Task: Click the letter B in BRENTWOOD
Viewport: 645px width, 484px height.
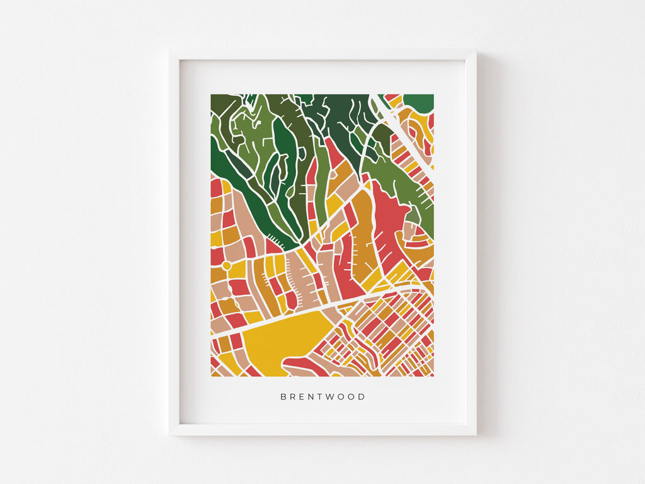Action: coord(283,397)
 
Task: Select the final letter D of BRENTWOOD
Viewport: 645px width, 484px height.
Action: coord(362,397)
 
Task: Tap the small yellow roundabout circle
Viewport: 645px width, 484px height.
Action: coord(226,266)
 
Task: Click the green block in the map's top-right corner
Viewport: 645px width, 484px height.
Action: coord(419,102)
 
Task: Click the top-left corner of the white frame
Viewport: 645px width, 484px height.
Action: coord(170,51)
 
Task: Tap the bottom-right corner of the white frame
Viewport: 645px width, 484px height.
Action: coord(476,435)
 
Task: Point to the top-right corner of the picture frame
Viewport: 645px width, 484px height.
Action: coord(476,51)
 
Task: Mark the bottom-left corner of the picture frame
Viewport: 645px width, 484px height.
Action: coord(170,435)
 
